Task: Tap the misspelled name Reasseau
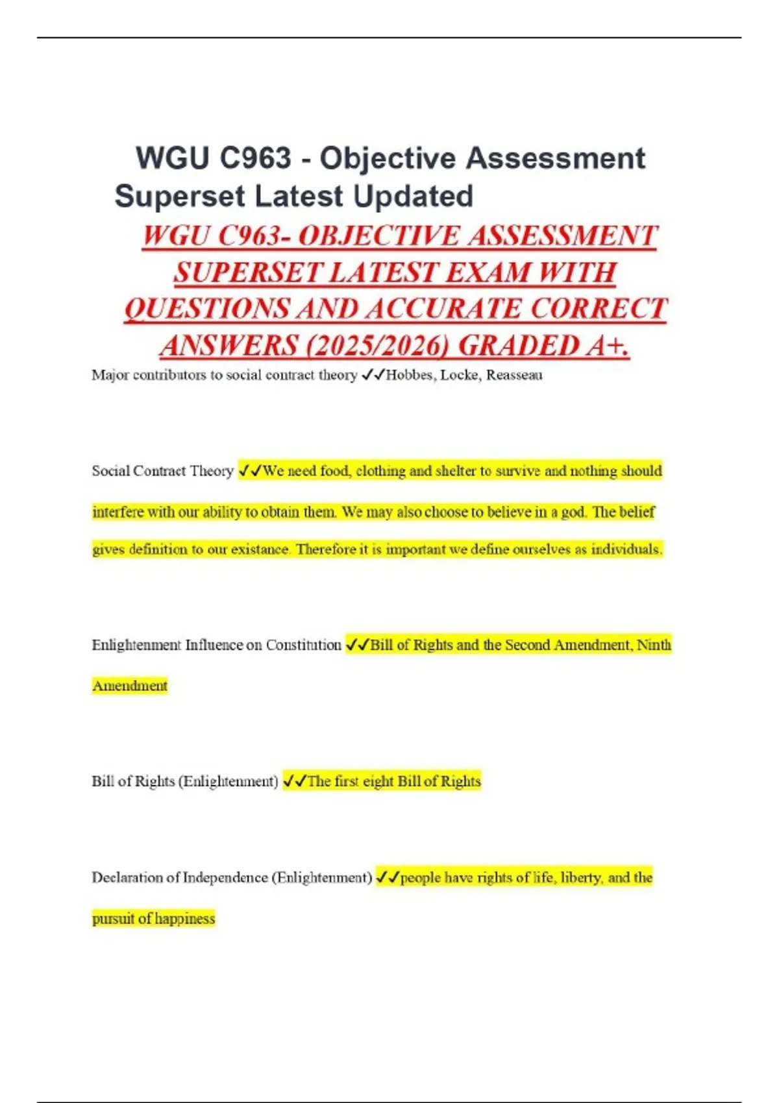pyautogui.click(x=514, y=375)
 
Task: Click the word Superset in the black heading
pyautogui.click(x=180, y=197)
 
